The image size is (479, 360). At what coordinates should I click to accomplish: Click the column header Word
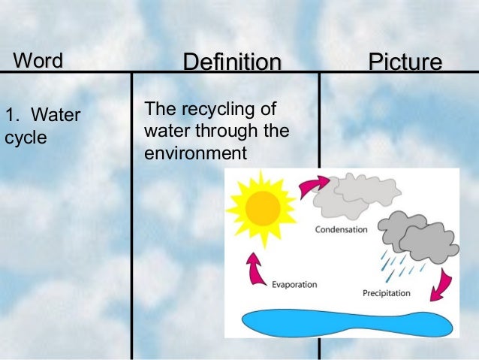[x=38, y=60]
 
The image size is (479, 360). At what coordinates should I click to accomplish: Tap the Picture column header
[x=405, y=62]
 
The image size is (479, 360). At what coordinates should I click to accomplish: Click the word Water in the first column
[x=56, y=116]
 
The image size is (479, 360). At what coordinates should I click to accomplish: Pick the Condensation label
[x=341, y=230]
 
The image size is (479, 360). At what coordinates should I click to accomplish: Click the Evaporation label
[x=294, y=285]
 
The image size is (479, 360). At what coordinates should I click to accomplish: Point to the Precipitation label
[x=386, y=292]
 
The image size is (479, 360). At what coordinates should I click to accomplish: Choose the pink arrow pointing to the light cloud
[x=313, y=186]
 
